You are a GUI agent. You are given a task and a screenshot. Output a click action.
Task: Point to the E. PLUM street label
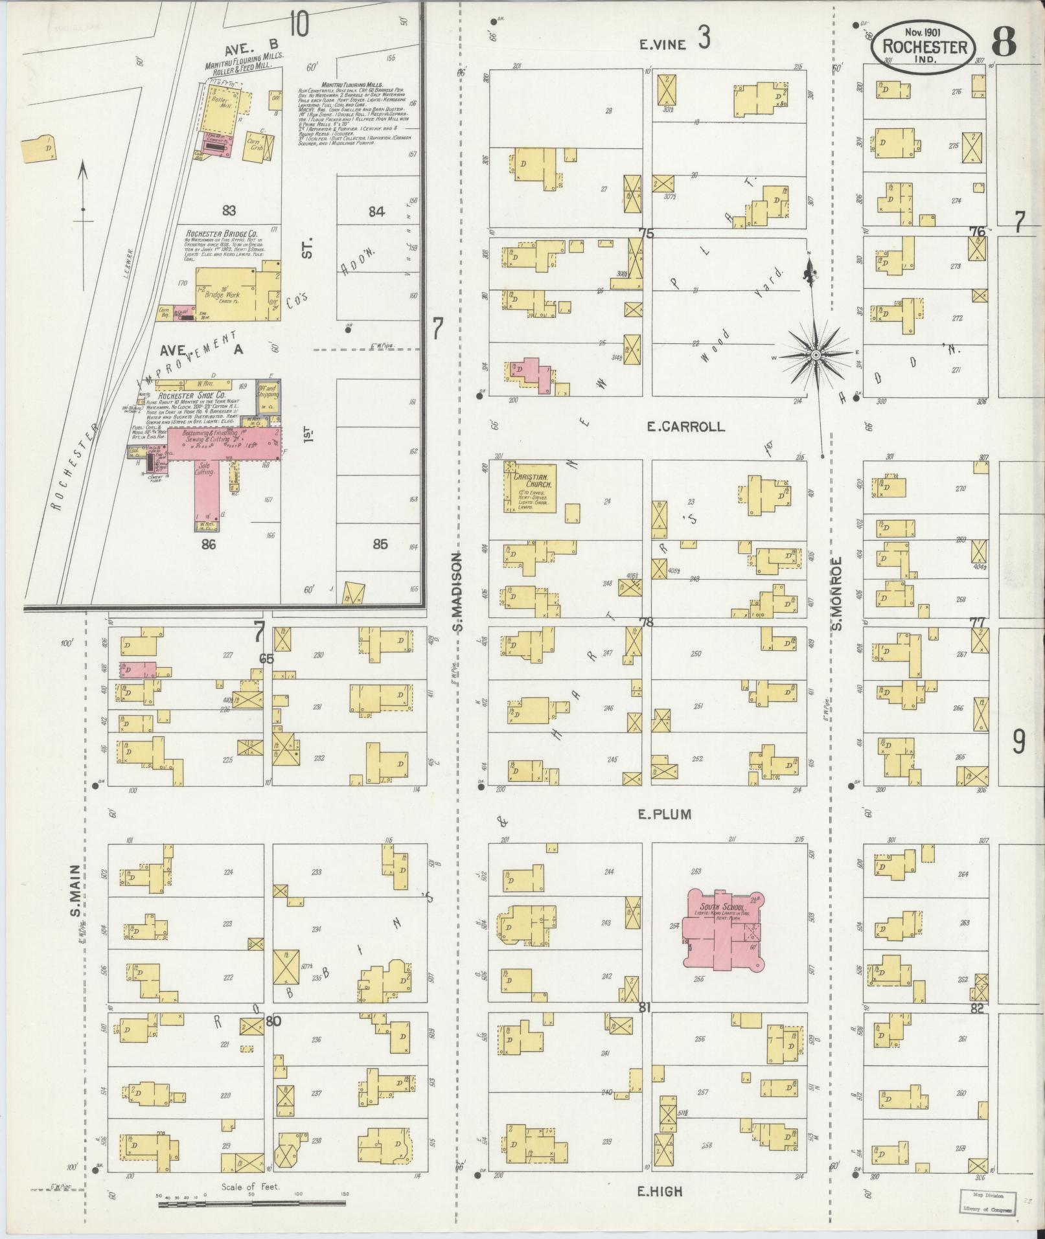coord(665,815)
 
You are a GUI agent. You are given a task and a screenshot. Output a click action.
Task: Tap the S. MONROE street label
coord(836,593)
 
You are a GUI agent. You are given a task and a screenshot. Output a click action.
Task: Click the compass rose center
coord(816,355)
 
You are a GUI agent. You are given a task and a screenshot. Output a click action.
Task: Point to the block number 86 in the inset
coord(208,544)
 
